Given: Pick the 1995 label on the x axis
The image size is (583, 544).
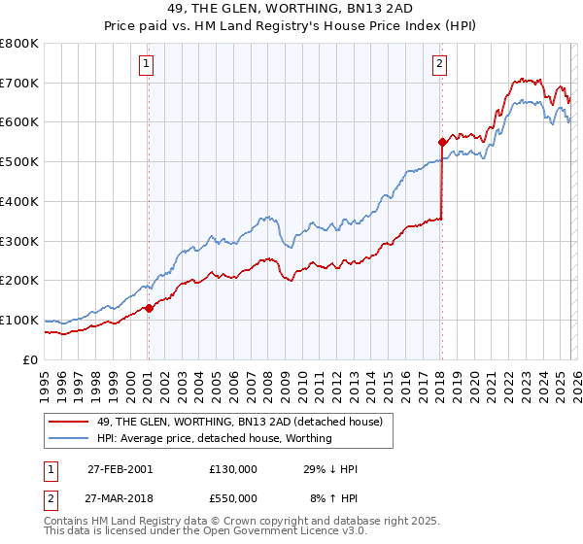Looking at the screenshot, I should (x=44, y=378).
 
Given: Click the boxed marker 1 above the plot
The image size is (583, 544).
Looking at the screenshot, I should (x=147, y=65).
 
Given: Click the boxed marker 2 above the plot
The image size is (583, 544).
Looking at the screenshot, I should (x=440, y=65).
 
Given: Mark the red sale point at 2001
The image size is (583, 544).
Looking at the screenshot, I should (x=149, y=308).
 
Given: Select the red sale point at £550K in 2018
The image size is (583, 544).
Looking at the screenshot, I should (x=442, y=142).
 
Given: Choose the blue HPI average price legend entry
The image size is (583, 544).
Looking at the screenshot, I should (x=214, y=438).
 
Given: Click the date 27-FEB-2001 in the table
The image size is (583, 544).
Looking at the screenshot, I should (x=119, y=469).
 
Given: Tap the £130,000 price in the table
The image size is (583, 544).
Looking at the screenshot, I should (x=232, y=469).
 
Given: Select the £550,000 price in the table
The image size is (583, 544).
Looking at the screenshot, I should (x=232, y=497).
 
